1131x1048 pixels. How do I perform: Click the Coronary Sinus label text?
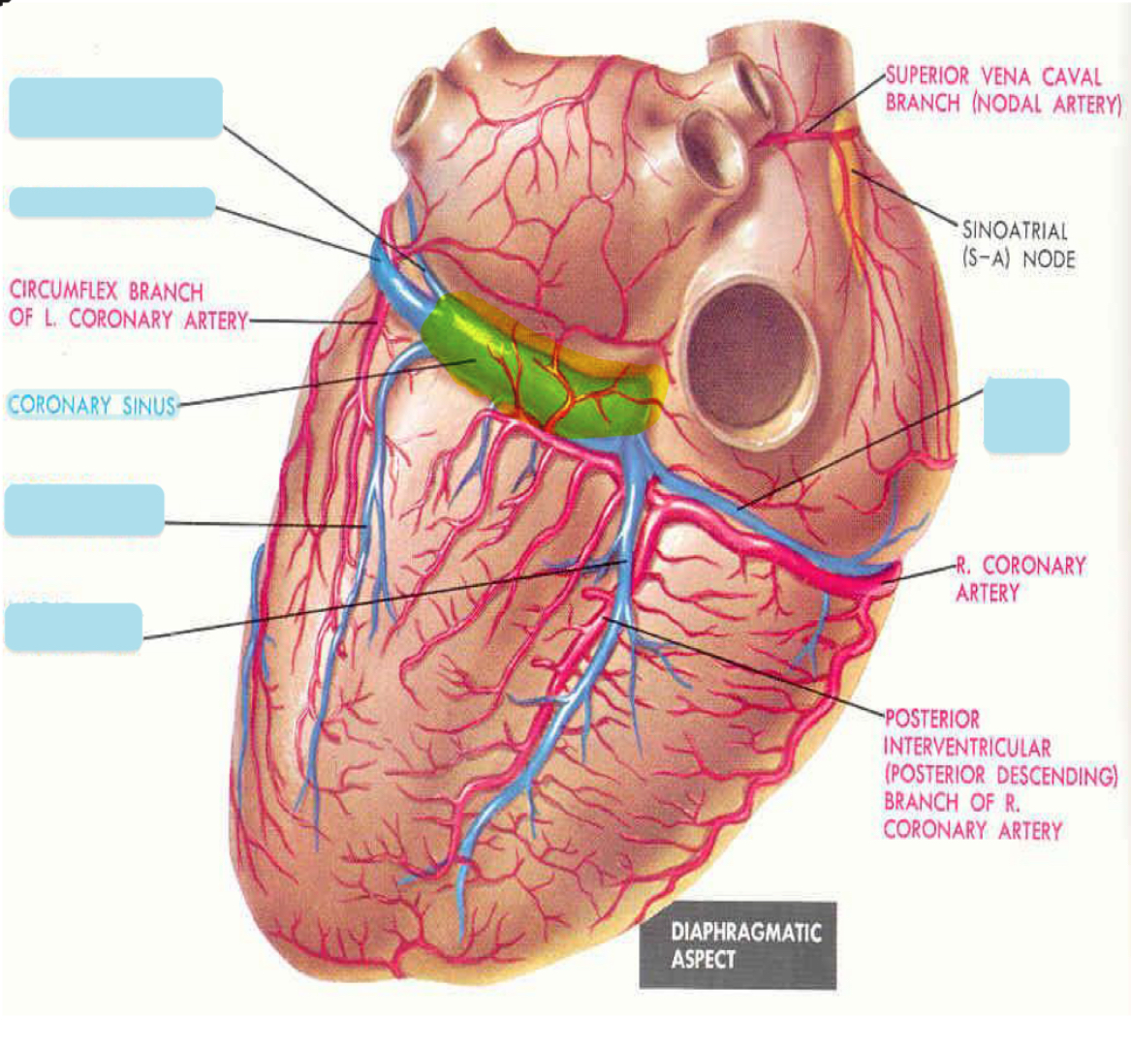92,405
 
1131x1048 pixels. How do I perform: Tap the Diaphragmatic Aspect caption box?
737,946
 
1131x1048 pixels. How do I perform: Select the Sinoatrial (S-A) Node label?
1017,244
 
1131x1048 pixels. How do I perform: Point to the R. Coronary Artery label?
1021,578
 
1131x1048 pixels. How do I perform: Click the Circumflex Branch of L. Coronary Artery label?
127,305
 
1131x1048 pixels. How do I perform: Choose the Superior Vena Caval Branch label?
1002,90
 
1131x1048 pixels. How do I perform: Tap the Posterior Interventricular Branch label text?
999,774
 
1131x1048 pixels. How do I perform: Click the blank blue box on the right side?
1026,416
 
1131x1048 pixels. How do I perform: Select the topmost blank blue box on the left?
115,108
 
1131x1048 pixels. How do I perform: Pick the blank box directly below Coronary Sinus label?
84,511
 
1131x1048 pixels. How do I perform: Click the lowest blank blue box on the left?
74,627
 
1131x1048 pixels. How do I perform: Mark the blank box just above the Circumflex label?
111,201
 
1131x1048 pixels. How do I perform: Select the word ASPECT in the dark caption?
703,960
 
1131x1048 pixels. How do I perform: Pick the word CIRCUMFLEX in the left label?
66,292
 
